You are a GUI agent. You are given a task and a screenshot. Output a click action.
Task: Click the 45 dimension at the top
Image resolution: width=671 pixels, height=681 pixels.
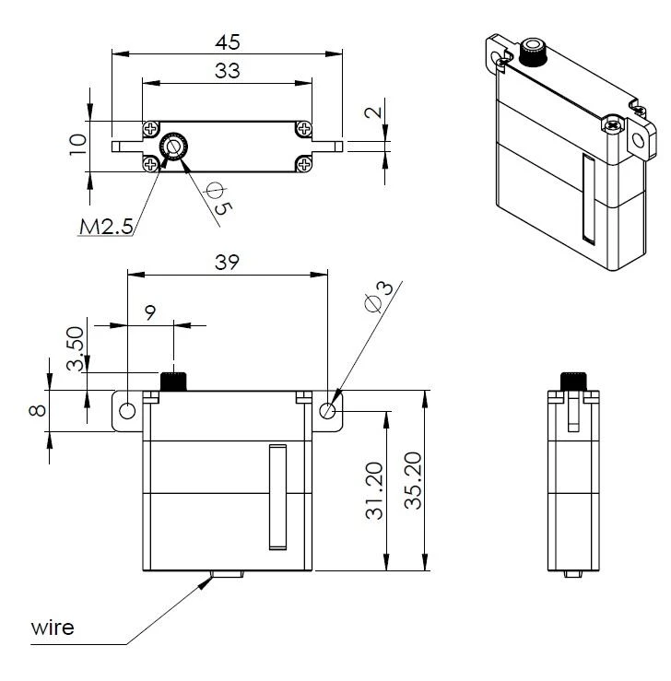pyautogui.click(x=227, y=42)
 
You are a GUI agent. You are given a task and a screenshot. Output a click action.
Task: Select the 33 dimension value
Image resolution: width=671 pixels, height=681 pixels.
pyautogui.click(x=227, y=71)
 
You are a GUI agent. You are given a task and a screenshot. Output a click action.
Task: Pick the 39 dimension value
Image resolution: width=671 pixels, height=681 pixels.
pyautogui.click(x=227, y=262)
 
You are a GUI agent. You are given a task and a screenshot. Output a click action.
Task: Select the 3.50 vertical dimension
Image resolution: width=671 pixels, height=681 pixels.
pyautogui.click(x=77, y=347)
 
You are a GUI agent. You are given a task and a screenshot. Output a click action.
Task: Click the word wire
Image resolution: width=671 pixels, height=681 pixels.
pyautogui.click(x=53, y=628)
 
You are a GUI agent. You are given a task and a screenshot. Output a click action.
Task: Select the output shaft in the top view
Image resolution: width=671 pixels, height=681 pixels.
pyautogui.click(x=173, y=146)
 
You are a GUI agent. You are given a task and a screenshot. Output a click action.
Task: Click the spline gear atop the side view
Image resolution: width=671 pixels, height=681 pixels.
pyautogui.click(x=573, y=381)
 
